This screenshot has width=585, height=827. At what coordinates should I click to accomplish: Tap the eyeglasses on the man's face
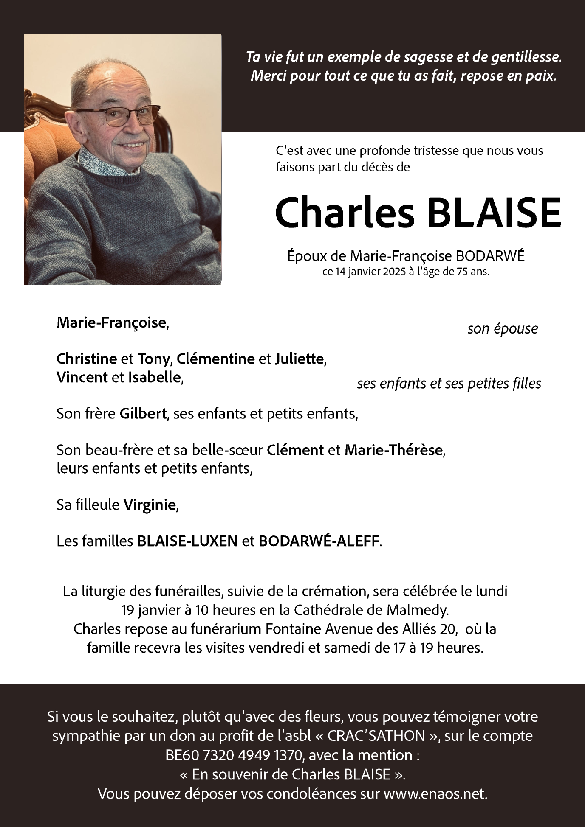pos(117,116)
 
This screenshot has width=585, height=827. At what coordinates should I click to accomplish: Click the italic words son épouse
pos(502,328)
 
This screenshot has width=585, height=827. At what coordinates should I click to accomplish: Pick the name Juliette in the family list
pos(300,359)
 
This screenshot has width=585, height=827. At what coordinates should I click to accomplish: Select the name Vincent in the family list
pos(82,377)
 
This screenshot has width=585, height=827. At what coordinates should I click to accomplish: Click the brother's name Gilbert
pos(143,413)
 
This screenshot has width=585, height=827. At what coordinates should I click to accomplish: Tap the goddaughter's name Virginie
pos(149,505)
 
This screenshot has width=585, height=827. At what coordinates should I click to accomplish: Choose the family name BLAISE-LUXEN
pos(187,541)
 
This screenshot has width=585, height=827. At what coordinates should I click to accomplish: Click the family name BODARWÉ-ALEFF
pos(319,541)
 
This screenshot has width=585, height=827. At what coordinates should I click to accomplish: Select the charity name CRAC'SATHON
pos(379,735)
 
